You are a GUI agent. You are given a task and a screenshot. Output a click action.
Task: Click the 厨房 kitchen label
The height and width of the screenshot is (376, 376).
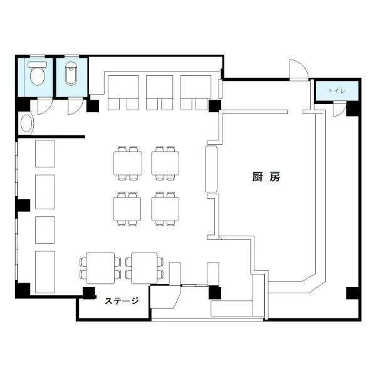(266, 177)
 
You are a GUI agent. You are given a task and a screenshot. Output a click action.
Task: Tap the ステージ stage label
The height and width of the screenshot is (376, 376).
(122, 301)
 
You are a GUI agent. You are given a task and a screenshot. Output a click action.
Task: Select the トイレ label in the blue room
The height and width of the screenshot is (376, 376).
(337, 91)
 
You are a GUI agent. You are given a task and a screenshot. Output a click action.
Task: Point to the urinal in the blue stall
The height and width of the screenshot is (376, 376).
(71, 73)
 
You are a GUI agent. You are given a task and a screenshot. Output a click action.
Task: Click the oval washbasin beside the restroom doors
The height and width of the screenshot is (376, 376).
(26, 123)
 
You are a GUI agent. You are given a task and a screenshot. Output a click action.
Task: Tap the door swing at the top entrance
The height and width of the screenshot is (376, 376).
(298, 70)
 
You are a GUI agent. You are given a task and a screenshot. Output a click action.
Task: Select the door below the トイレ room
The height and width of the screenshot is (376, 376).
(339, 108)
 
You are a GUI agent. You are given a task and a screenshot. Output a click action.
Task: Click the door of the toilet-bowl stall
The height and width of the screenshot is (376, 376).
(44, 106)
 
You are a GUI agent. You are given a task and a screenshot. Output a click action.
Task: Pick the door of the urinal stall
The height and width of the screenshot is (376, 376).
(75, 106)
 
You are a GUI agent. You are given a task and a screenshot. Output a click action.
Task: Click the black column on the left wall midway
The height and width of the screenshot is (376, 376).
(23, 206)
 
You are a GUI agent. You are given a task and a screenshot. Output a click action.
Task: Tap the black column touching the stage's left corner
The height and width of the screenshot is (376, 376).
(89, 293)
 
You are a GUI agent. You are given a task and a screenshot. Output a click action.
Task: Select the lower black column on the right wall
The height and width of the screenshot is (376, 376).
(353, 293)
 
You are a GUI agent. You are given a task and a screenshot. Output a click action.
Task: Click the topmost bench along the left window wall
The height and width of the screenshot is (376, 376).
(45, 154)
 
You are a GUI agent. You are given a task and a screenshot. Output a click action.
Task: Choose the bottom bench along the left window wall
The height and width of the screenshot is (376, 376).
(45, 272)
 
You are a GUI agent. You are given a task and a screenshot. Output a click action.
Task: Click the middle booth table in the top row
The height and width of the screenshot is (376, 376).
(159, 86)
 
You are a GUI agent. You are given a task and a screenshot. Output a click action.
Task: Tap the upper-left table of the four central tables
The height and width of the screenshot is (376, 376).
(128, 163)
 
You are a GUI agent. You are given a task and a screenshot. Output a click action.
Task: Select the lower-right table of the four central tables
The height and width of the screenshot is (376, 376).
(165, 209)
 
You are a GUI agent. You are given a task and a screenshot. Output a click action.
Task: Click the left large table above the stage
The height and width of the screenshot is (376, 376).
(100, 268)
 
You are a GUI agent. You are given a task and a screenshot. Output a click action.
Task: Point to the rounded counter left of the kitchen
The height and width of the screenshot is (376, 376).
(211, 169)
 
